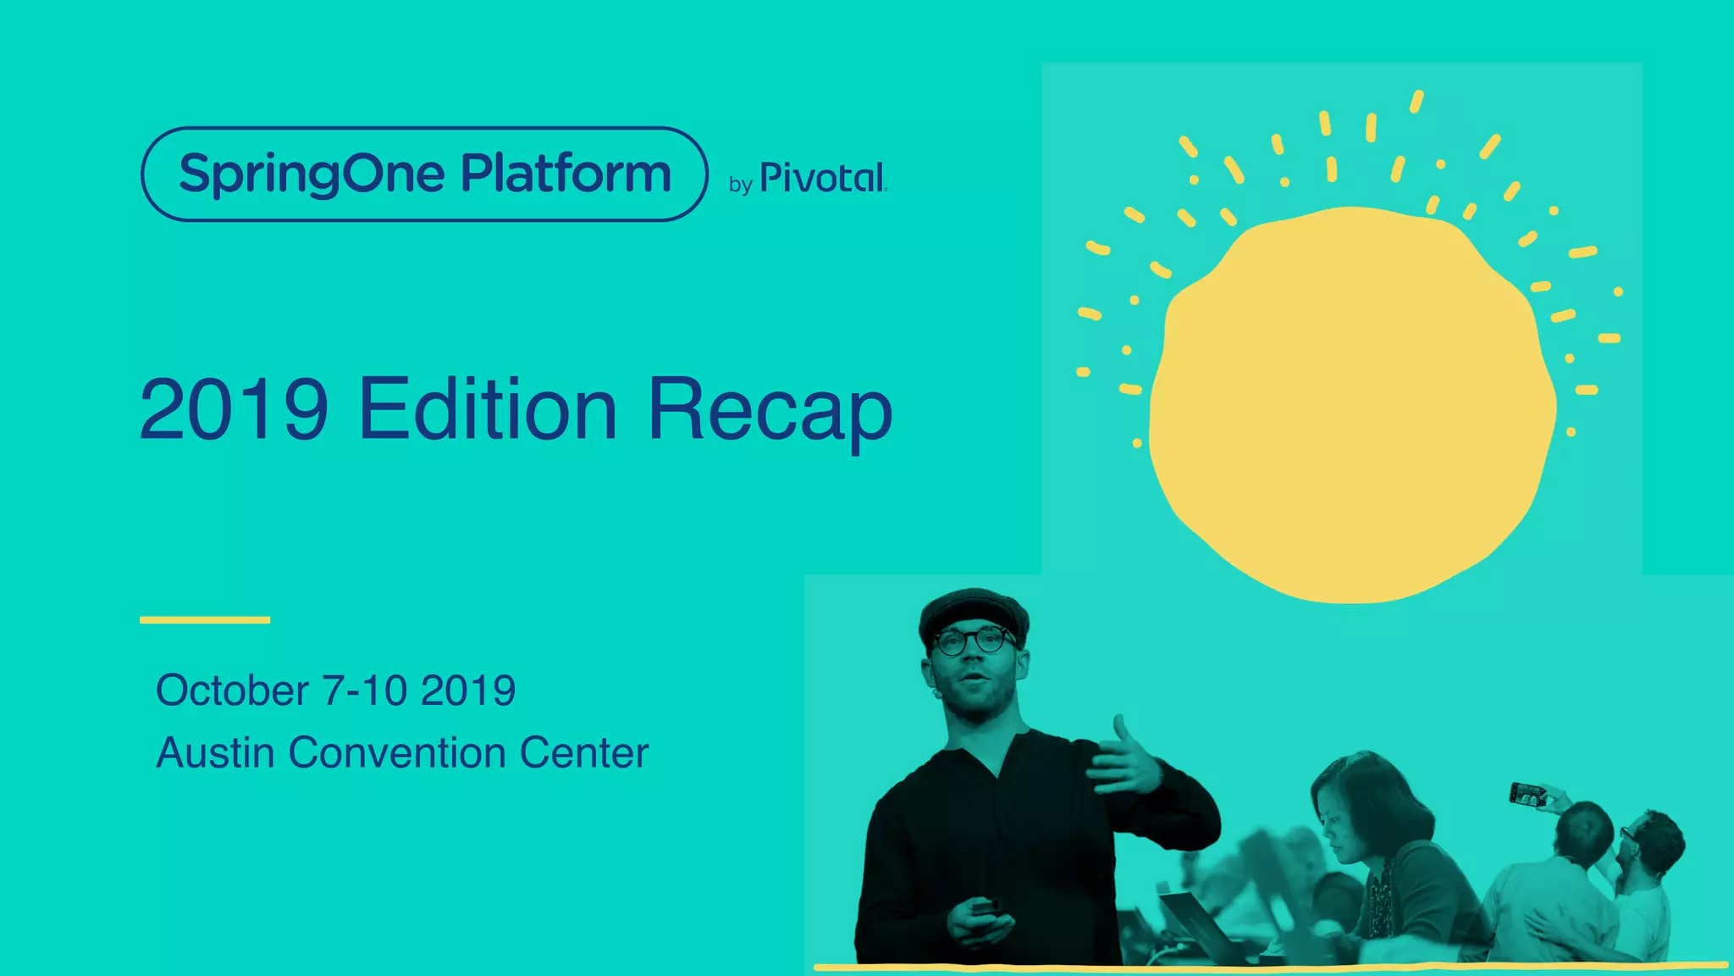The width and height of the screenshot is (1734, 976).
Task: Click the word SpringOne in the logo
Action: click(311, 175)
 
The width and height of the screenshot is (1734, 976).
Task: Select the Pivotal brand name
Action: click(823, 178)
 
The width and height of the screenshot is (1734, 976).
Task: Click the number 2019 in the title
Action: click(234, 410)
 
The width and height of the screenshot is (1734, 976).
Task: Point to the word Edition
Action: click(488, 410)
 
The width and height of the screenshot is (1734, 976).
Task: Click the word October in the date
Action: click(232, 690)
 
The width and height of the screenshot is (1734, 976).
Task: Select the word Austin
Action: click(215, 753)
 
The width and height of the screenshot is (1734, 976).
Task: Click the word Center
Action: click(584, 753)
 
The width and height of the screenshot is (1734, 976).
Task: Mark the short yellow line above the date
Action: click(205, 620)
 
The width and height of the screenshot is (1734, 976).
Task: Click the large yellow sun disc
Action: click(1351, 405)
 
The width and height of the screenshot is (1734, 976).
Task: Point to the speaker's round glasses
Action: click(974, 640)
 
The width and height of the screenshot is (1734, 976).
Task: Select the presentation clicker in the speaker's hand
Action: click(985, 907)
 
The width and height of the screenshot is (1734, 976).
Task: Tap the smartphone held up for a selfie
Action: click(1527, 794)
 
